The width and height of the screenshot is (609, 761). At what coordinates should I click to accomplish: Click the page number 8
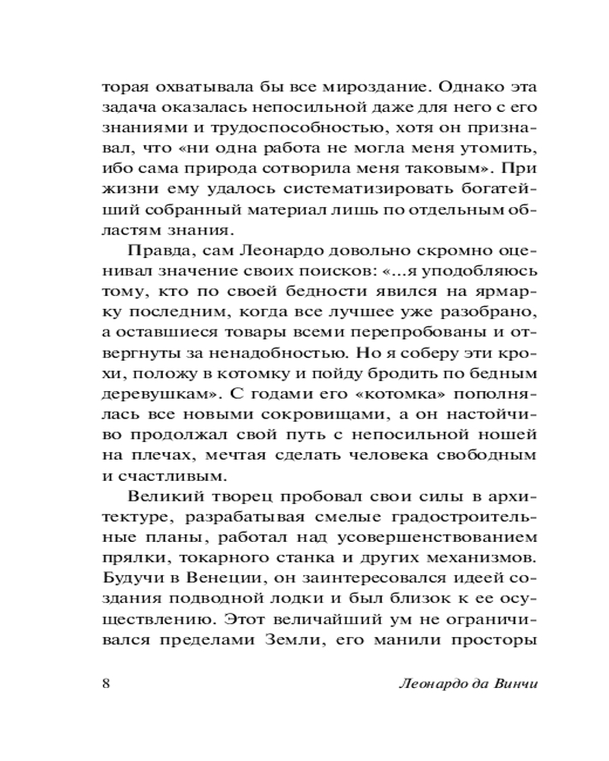(107, 682)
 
